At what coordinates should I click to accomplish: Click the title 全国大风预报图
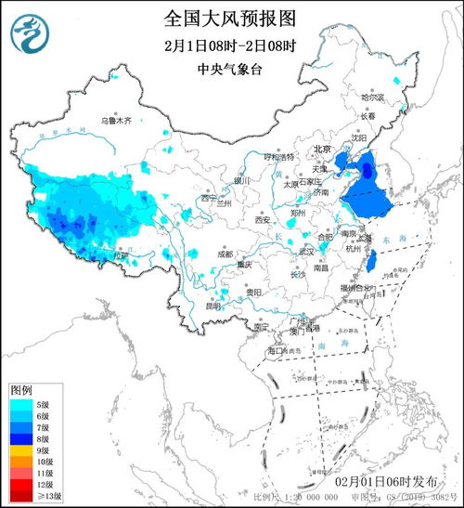(x=233, y=18)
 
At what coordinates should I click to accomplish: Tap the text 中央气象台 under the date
(x=233, y=70)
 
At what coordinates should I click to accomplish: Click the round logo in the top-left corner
(x=30, y=33)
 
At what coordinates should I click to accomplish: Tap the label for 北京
(x=321, y=149)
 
